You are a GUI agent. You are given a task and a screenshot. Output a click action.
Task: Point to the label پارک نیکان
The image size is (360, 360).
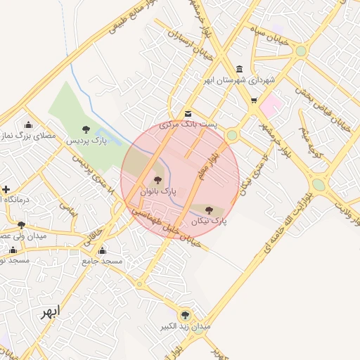(x=209, y=221)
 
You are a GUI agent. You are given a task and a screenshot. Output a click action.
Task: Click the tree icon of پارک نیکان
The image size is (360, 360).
(x=209, y=209)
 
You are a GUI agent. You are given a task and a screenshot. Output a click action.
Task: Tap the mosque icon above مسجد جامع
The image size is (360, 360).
(x=103, y=250)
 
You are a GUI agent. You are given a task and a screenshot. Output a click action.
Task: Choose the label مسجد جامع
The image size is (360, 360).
(x=103, y=261)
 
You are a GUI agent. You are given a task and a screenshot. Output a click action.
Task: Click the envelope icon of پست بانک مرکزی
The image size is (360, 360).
(x=187, y=114)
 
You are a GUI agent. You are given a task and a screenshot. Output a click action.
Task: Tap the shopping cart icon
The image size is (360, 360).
(x=253, y=101)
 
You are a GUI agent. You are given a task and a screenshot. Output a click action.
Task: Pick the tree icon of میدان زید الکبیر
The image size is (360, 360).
(x=185, y=315)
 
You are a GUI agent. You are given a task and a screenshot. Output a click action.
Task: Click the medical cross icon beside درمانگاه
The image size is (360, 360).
(x=6, y=189)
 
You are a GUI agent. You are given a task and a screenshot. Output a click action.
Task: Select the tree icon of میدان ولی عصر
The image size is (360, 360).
(x=22, y=225)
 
